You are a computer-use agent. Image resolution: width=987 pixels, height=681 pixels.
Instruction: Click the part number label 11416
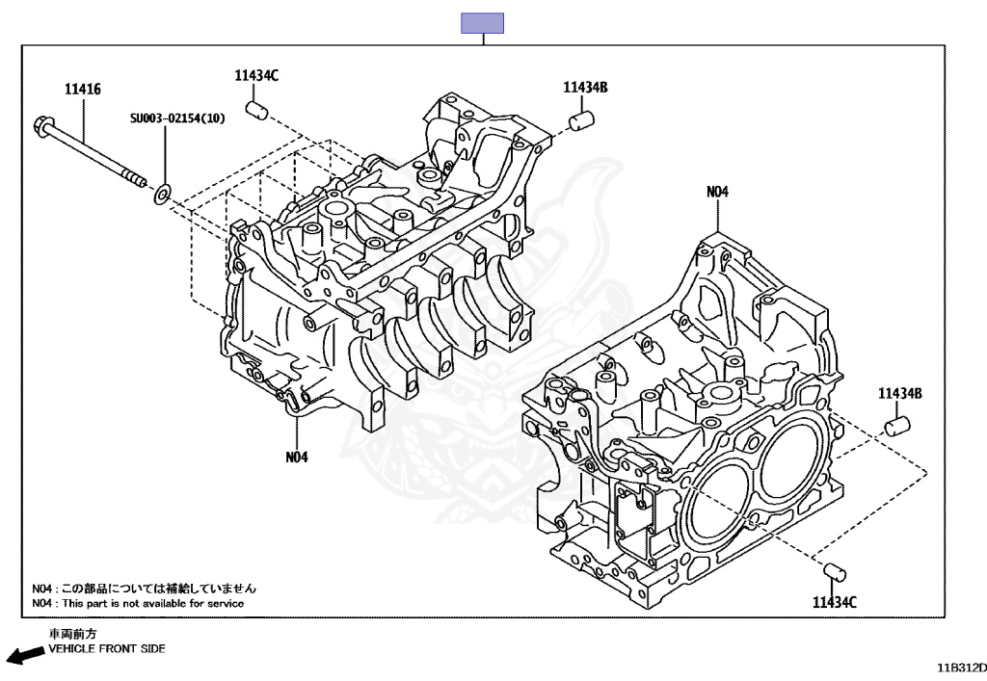(x=83, y=90)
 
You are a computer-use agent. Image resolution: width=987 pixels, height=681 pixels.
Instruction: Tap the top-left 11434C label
(x=255, y=75)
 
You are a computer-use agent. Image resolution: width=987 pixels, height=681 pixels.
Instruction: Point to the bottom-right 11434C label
(x=834, y=602)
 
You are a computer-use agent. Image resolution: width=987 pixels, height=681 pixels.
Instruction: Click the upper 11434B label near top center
(x=585, y=88)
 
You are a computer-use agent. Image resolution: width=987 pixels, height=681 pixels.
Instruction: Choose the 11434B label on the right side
(x=900, y=394)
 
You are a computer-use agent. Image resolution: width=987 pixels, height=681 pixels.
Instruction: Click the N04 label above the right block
(x=717, y=192)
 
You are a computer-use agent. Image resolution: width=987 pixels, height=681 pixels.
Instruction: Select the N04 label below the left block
(x=297, y=457)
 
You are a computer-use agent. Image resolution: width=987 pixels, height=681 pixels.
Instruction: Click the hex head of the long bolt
(x=42, y=124)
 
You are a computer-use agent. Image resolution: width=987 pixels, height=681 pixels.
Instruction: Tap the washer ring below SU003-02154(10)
(x=163, y=196)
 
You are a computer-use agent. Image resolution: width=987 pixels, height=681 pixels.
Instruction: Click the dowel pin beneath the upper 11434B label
(x=581, y=121)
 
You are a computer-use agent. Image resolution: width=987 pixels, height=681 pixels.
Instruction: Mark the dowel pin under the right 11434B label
(x=898, y=425)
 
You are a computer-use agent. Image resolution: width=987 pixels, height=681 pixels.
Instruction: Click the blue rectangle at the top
(x=482, y=23)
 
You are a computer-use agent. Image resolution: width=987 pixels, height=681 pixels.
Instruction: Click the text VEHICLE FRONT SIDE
(x=107, y=649)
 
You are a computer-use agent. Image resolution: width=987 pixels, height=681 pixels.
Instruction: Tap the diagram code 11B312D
(x=960, y=667)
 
